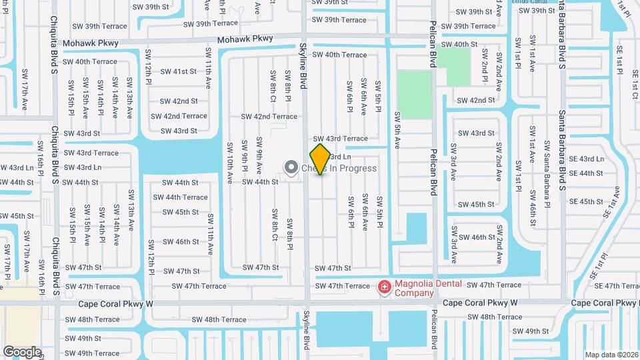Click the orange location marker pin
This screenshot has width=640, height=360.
(320, 159)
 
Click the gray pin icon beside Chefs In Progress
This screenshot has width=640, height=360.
(291, 167)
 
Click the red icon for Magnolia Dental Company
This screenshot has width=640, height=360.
(384, 287)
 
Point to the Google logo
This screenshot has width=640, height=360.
(22, 351)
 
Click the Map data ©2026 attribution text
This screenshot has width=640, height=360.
(611, 355)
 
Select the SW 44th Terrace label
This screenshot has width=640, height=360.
(180, 197)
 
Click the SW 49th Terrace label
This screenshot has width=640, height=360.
(93, 353)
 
